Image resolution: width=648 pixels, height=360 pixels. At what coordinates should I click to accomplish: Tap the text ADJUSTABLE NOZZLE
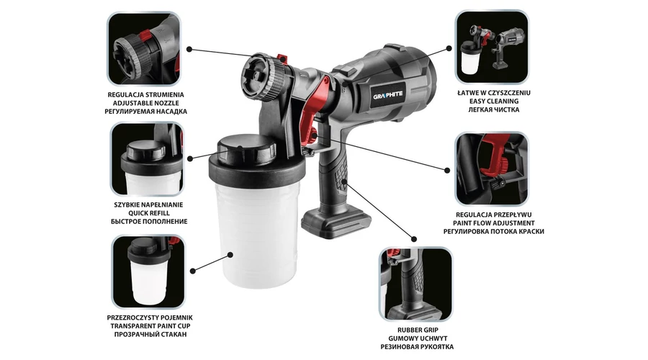pyautogui.click(x=146, y=103)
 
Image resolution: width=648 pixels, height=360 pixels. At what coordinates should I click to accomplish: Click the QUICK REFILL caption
pyautogui.click(x=149, y=213)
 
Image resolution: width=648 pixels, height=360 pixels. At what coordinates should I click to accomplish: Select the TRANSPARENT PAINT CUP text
pyautogui.click(x=150, y=325)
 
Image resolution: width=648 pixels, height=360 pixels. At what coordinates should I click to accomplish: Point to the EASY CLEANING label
pyautogui.click(x=494, y=101)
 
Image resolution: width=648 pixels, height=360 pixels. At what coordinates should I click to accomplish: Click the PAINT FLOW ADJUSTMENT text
pyautogui.click(x=494, y=222)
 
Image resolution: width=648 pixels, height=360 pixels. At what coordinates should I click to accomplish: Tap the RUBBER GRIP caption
pyautogui.click(x=418, y=330)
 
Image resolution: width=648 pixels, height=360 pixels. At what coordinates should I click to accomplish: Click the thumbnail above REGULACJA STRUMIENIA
pyautogui.click(x=144, y=48)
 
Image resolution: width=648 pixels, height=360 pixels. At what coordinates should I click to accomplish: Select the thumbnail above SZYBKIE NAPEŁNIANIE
pyautogui.click(x=147, y=158)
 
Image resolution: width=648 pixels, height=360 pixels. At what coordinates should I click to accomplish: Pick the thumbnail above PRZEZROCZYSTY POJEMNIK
pyautogui.click(x=148, y=272)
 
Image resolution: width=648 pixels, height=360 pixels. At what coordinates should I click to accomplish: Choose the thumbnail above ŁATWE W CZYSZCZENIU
pyautogui.click(x=492, y=47)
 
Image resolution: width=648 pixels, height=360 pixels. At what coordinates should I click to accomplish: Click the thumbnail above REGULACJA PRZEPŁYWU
pyautogui.click(x=491, y=168)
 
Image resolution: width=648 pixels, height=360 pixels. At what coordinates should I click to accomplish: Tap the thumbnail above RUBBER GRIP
pyautogui.click(x=415, y=284)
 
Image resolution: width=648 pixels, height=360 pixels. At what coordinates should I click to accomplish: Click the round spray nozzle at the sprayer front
pyautogui.click(x=261, y=77)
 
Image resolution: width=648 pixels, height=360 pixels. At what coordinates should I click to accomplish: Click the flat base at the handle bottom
pyautogui.click(x=335, y=221)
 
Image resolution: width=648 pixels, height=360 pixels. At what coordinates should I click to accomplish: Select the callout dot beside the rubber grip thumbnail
pyautogui.click(x=414, y=239)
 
